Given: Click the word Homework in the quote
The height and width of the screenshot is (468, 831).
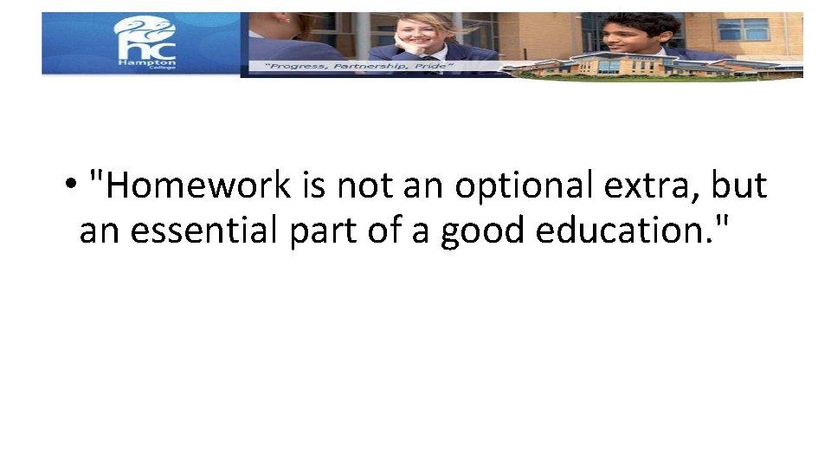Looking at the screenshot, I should pos(194,186).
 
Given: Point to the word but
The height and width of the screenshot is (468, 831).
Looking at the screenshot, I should pos(738,186).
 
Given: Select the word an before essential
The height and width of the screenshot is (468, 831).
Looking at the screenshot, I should pos(97,231).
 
